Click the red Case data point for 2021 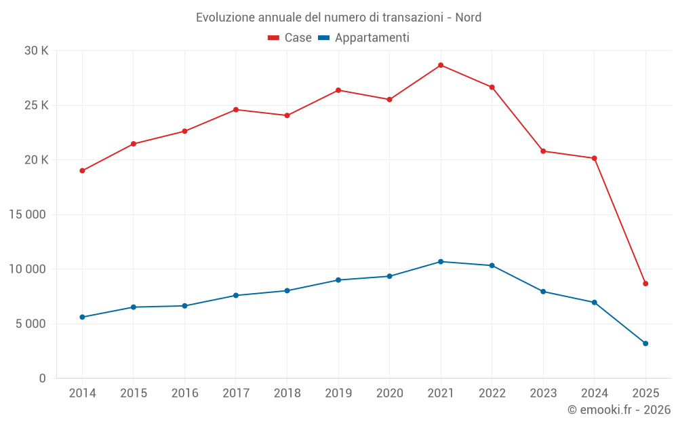[x=441, y=65]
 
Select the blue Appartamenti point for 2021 [x=441, y=262]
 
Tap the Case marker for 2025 [x=645, y=284]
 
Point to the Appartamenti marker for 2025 [x=645, y=343]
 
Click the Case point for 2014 [x=82, y=171]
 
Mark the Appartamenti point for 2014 [x=82, y=317]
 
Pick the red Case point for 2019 [x=338, y=90]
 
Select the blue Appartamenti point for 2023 [x=543, y=292]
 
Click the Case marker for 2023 [x=543, y=151]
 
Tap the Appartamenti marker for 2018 [x=287, y=290]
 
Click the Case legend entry [x=290, y=38]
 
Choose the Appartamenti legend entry [x=364, y=38]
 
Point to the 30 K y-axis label [x=36, y=51]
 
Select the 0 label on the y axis [x=42, y=379]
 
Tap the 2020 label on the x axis [x=389, y=393]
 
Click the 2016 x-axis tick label [x=184, y=393]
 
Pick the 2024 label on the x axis [x=594, y=393]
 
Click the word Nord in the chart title [x=468, y=17]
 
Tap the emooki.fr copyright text [x=618, y=410]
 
